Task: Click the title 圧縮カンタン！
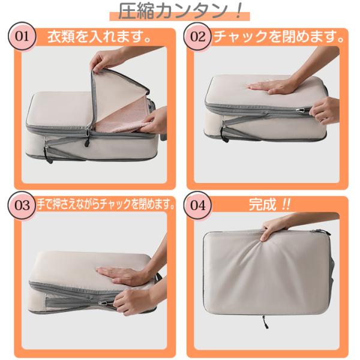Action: [x=180, y=11]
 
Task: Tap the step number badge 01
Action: [x=22, y=36]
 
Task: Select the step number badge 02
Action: [x=197, y=36]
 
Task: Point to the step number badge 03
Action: [x=22, y=205]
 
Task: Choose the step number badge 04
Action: [x=197, y=205]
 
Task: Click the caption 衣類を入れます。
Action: [x=100, y=37]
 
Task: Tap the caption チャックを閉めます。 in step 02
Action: [x=279, y=37]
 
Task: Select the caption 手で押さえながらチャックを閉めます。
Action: [x=106, y=204]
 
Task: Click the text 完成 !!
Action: [x=270, y=204]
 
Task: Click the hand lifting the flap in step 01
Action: [x=106, y=60]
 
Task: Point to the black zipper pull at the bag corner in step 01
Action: [x=49, y=156]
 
